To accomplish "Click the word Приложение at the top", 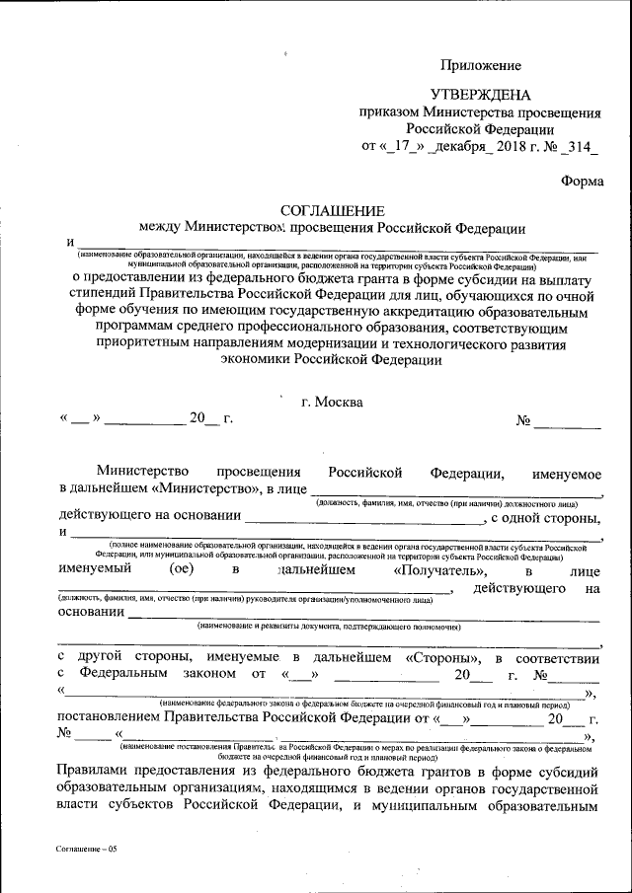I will [x=480, y=66].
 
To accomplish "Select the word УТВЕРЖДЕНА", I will [x=480, y=96].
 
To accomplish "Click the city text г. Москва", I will [x=332, y=402].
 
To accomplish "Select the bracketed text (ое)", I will [x=180, y=570].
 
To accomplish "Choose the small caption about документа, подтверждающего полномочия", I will [x=331, y=628].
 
